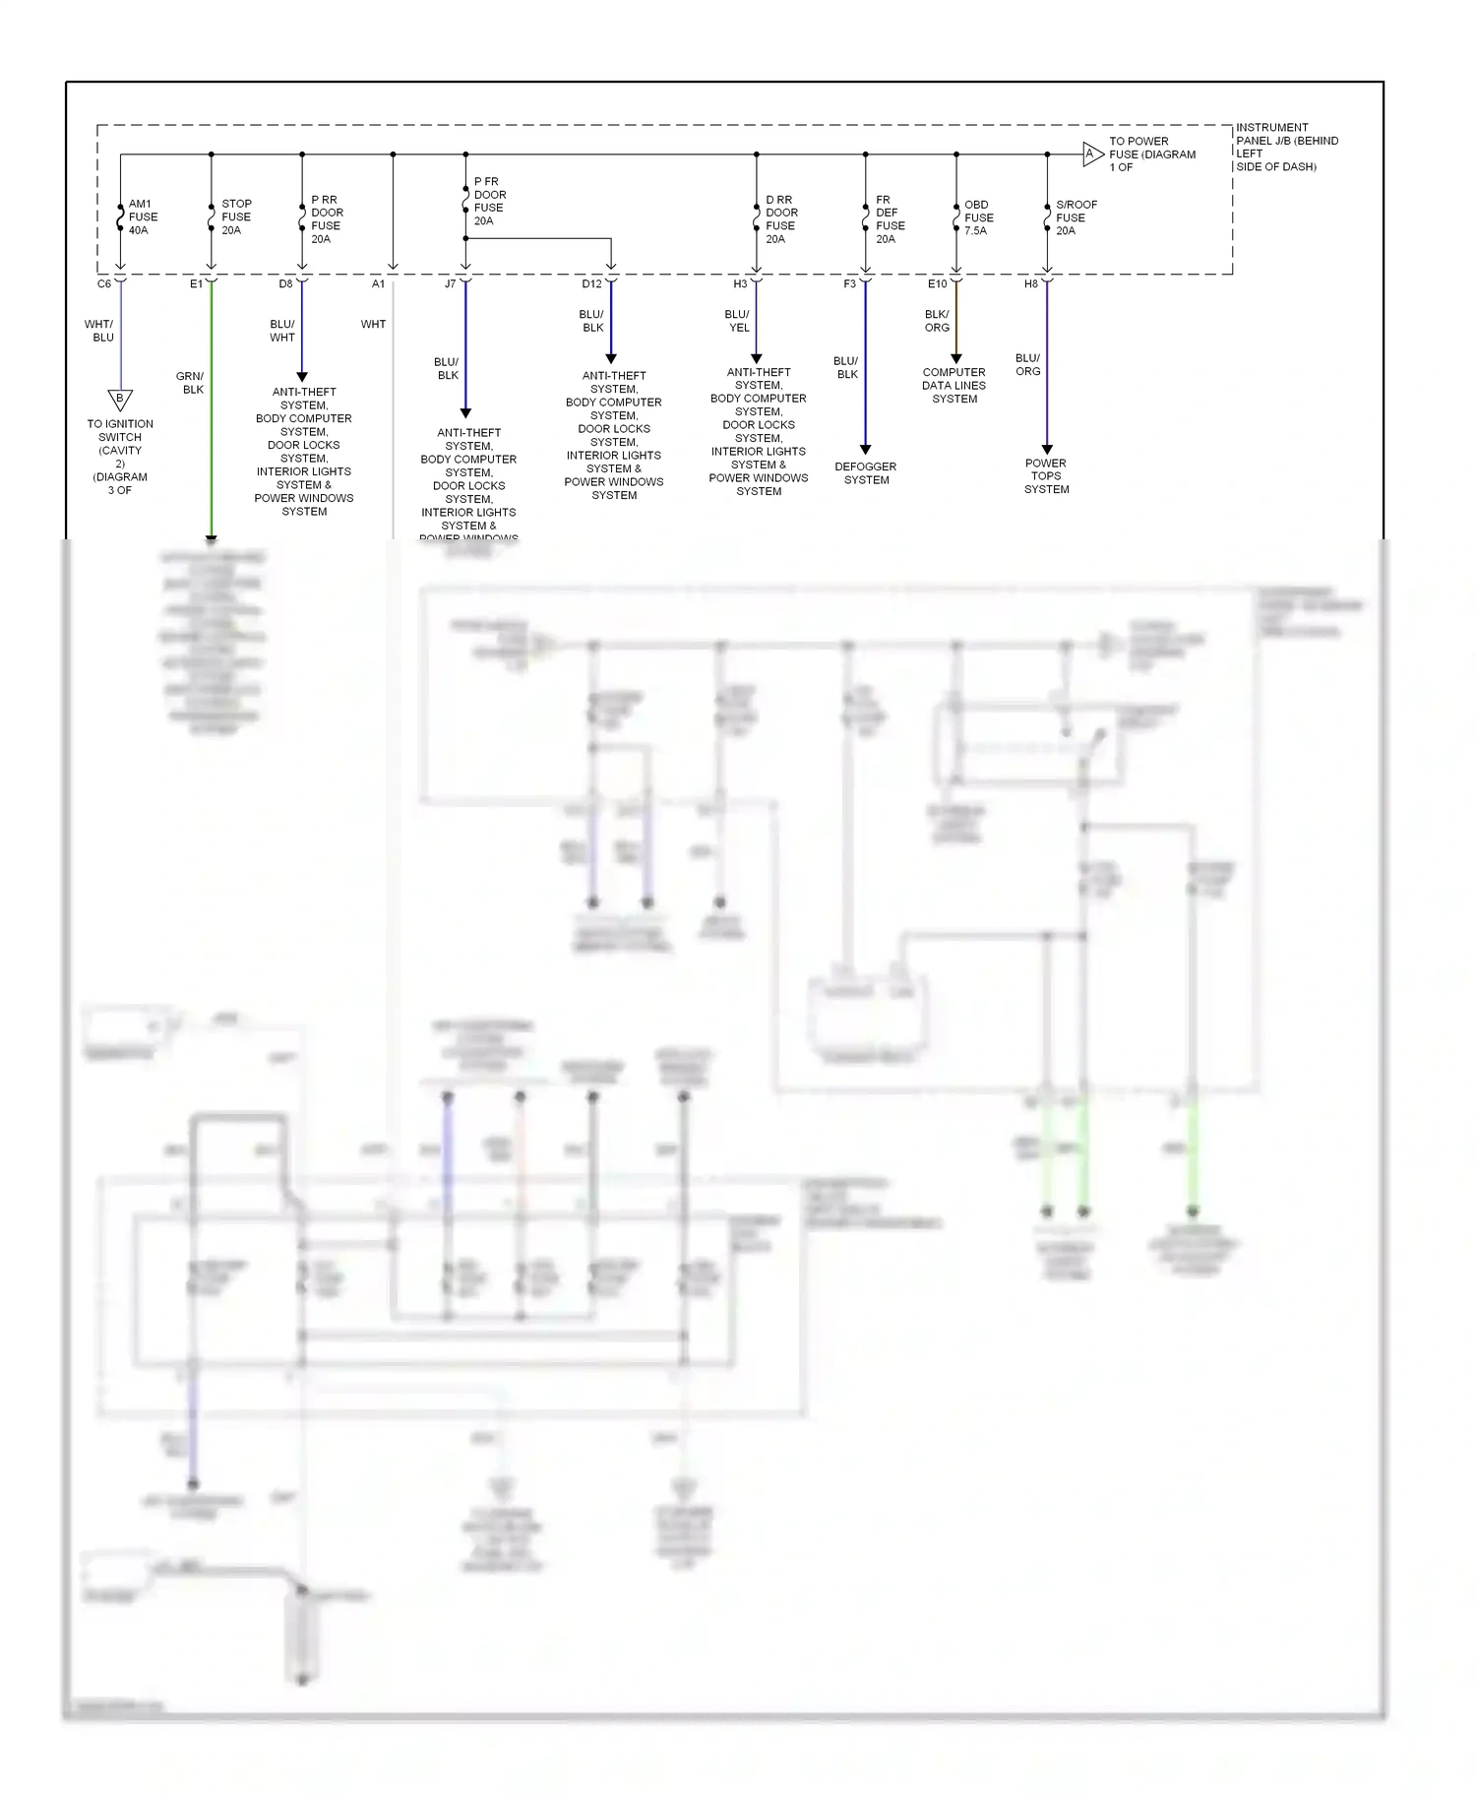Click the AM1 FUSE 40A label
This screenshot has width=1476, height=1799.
(x=142, y=217)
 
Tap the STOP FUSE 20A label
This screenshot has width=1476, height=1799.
(x=235, y=217)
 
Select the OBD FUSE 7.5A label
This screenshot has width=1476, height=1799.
(x=977, y=218)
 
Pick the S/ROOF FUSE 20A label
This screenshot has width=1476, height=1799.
(x=1075, y=218)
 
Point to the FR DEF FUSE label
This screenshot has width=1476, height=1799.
(x=889, y=219)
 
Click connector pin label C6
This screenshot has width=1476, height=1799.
(x=104, y=284)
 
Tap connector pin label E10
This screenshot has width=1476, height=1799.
(x=937, y=284)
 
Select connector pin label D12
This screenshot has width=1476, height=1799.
(x=591, y=284)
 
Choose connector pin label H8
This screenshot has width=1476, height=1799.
(x=1030, y=284)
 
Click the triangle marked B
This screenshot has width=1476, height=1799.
(x=120, y=400)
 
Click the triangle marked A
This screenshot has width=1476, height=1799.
(x=1091, y=155)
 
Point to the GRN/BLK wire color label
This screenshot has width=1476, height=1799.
(x=191, y=383)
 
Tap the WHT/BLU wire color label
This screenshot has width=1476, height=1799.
(x=99, y=331)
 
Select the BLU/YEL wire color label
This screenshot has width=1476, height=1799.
(x=737, y=321)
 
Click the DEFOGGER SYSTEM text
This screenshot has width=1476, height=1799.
(x=866, y=473)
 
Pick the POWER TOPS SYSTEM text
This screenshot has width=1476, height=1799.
(x=1046, y=476)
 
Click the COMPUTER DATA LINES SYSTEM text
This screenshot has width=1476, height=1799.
(x=953, y=386)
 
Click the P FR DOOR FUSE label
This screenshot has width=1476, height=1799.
(x=489, y=202)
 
